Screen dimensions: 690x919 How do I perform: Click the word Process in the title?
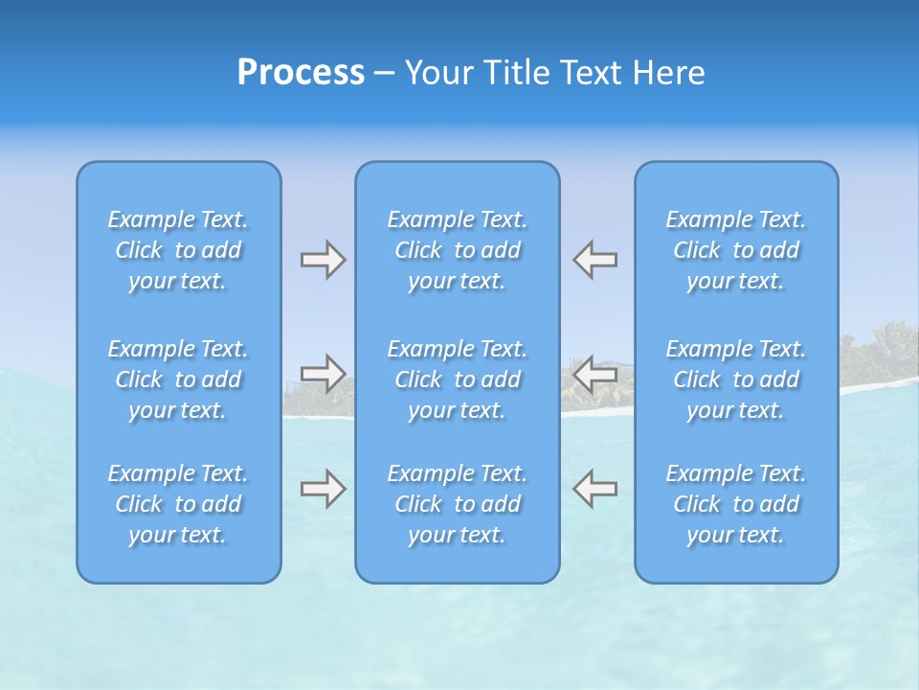coord(301,73)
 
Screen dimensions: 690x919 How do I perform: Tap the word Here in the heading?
coord(669,73)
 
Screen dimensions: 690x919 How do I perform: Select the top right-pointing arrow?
coord(323,259)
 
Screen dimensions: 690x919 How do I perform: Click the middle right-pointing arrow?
coord(323,373)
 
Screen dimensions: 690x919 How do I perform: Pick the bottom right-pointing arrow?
coord(323,489)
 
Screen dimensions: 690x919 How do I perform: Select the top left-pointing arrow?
coord(595,259)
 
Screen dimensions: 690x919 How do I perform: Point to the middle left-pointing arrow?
coord(595,373)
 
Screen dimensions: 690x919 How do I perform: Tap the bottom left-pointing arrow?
coord(595,489)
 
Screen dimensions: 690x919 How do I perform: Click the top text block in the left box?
coord(178,250)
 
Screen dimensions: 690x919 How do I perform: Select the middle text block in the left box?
coord(178,379)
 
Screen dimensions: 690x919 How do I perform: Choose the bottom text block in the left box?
coord(178,504)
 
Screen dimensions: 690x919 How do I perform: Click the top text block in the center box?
coord(458,250)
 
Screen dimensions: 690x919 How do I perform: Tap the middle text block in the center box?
coord(458,379)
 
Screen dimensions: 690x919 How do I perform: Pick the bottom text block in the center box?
coord(458,504)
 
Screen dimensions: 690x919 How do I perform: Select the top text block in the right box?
coord(736,250)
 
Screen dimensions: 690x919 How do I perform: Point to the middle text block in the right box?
coord(736,379)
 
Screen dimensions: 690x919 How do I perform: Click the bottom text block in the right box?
coord(736,504)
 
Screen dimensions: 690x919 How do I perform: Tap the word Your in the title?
coord(438,73)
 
